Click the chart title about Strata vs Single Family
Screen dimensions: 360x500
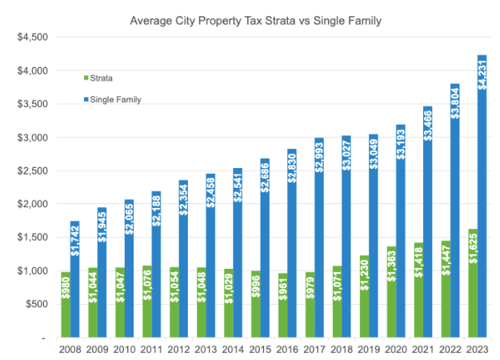256,18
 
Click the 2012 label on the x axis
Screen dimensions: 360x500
178,350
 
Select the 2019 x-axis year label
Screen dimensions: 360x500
367,350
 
